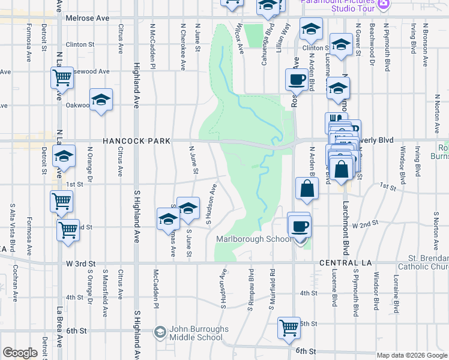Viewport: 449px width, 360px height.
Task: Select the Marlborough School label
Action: coord(253,239)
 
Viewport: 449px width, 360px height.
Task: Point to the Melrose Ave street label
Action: coord(88,19)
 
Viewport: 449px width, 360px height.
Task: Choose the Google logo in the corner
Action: coord(20,353)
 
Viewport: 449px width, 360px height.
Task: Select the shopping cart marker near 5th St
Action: coord(289,328)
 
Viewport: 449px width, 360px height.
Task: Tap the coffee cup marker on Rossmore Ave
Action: coord(296,79)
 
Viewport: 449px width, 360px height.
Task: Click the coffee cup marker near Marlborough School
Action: coord(300,226)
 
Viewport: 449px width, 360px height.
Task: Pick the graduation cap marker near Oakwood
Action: coord(101,100)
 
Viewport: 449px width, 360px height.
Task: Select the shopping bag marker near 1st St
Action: coord(307,188)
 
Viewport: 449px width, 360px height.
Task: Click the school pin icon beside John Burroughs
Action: coord(160,331)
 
